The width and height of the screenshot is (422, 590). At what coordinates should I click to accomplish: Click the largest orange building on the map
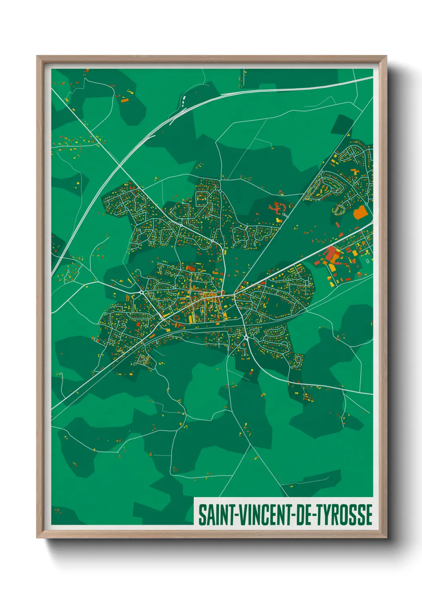point(360,212)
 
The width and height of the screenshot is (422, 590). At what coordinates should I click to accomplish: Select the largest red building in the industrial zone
point(331,254)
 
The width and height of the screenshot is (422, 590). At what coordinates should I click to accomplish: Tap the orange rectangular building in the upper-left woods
point(125,100)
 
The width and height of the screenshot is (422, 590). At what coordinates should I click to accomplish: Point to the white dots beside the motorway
point(184,99)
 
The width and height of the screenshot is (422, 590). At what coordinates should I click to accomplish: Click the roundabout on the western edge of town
point(142,293)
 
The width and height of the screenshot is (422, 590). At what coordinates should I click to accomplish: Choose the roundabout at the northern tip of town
point(220,191)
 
